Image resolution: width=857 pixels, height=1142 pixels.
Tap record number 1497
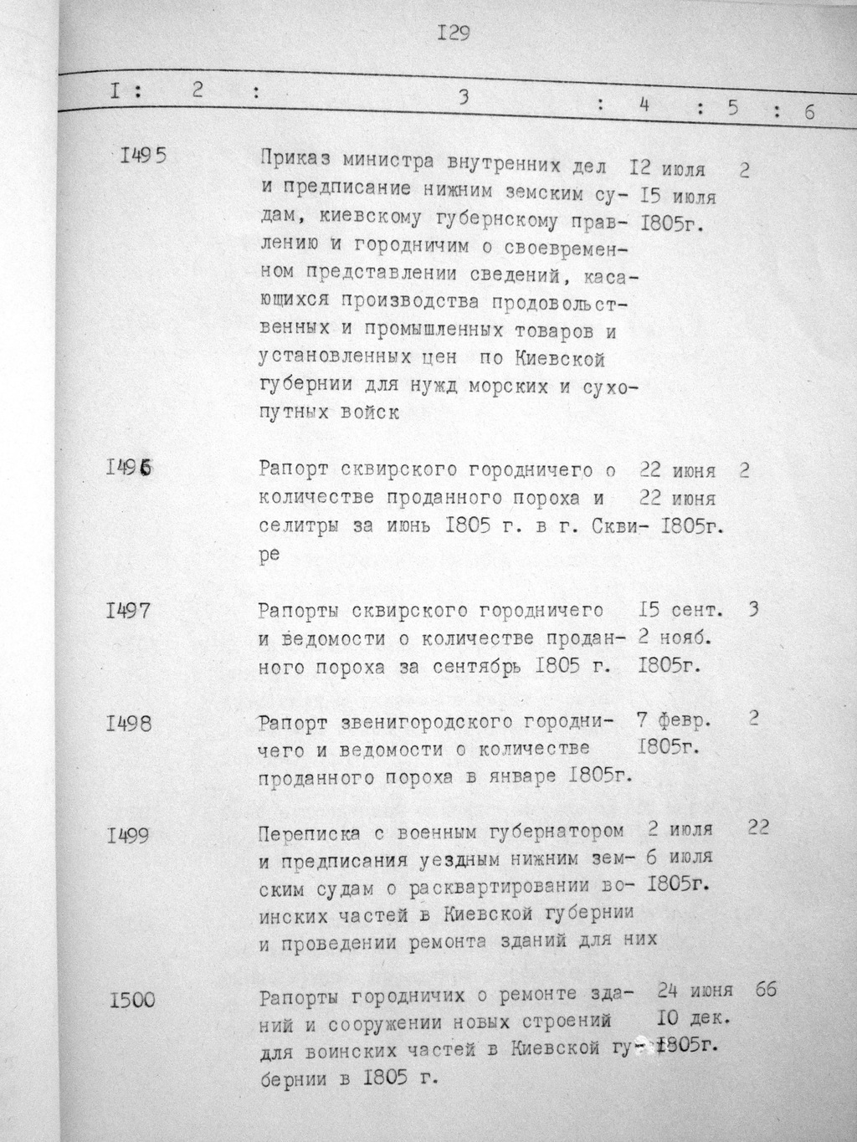coord(129,611)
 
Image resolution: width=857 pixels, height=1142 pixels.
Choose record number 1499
coord(129,835)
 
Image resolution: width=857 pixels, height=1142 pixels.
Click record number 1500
coord(132,998)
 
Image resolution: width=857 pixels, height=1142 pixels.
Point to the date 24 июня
coord(694,991)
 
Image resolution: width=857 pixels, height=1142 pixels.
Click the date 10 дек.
coord(695,1019)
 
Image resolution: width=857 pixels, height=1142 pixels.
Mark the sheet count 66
coord(766,989)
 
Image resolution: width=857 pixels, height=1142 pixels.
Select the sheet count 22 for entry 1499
coord(759,827)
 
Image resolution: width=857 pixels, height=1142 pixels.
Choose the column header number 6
coord(809,111)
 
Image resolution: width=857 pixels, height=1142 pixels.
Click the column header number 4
coord(644,105)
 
